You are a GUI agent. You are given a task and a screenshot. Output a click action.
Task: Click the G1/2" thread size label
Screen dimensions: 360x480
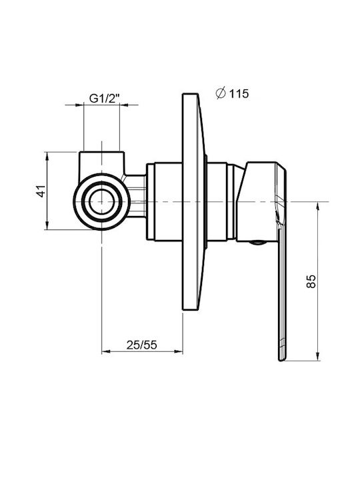(x=104, y=99)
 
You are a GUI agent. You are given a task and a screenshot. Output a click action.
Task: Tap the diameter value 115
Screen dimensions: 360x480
(x=239, y=94)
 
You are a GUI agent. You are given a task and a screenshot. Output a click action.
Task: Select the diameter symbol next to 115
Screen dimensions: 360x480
(x=221, y=93)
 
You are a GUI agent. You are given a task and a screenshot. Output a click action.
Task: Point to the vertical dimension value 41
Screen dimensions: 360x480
(x=41, y=191)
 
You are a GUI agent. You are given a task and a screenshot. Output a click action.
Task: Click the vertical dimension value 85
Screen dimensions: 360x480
(x=311, y=281)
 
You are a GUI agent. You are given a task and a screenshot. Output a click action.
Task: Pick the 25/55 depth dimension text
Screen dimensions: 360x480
(x=142, y=345)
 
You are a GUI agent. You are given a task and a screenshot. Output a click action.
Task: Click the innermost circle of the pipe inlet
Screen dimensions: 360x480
(x=101, y=201)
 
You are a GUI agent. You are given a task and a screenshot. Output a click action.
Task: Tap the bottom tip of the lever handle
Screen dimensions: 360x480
(x=282, y=360)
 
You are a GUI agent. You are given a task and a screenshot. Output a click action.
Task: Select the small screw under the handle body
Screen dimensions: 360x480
(x=257, y=243)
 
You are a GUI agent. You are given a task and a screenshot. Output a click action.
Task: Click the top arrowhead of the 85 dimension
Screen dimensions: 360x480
(x=318, y=206)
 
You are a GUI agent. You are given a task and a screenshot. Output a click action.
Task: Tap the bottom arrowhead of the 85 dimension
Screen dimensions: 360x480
(x=318, y=357)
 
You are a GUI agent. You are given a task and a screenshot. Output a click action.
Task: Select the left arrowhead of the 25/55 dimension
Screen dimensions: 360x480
(x=106, y=352)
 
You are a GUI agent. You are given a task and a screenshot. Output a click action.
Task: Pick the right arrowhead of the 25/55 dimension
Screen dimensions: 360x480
(x=179, y=352)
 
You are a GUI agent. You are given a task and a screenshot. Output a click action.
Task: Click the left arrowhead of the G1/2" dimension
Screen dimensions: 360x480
(x=79, y=105)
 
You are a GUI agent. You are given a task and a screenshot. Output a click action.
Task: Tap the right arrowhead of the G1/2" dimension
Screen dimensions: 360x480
(x=124, y=105)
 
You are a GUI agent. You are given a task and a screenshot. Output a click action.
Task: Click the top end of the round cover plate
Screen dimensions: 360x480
(x=191, y=93)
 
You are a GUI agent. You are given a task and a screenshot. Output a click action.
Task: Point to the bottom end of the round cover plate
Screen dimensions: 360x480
(x=191, y=310)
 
